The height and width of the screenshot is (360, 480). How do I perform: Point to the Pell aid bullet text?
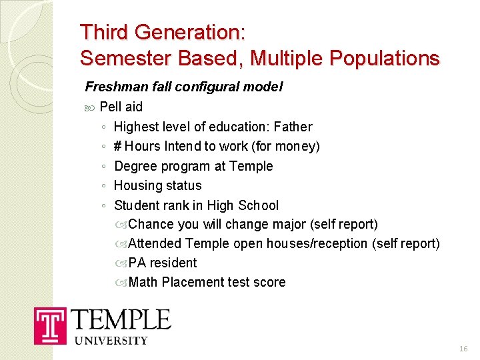point(121,107)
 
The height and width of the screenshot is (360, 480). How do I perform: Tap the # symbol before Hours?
point(117,146)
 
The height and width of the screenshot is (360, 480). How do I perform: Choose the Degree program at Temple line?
point(193,166)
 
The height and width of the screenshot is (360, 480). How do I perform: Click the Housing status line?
point(157,185)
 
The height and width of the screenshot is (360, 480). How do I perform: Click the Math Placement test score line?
point(207,283)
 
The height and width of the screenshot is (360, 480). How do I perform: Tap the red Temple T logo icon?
point(50,326)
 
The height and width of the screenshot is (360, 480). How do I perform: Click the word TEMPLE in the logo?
point(121,320)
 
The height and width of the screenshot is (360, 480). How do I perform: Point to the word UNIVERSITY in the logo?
point(111,341)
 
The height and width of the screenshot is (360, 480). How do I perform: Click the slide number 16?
point(463,349)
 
